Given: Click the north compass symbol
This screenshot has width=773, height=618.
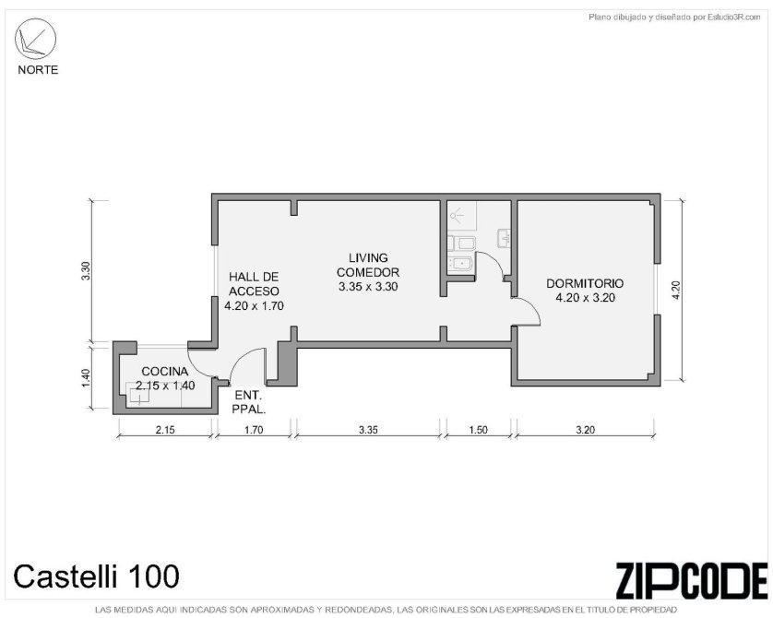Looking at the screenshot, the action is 35,40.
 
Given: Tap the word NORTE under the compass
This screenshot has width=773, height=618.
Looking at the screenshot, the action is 38,70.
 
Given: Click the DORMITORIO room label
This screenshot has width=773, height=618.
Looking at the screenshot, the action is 585,283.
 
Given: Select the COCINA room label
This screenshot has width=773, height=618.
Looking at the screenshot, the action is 165,372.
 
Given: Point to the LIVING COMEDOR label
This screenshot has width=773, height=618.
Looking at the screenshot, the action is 368,265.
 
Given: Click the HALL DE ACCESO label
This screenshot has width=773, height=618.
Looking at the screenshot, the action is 254,284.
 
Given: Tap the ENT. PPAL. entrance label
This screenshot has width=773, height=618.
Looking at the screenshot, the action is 249,402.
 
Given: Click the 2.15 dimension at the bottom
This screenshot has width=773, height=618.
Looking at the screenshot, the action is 165,430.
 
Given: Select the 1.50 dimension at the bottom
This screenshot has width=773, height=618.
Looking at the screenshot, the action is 478,430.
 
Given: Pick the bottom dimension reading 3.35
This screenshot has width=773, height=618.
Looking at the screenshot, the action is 368,430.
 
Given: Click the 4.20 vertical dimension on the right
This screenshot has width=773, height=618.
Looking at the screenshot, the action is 676,291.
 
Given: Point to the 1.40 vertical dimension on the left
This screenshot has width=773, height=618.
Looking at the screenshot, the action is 86,378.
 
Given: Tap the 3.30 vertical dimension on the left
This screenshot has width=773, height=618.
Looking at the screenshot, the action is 86,271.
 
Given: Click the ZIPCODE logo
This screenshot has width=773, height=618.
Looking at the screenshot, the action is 692,580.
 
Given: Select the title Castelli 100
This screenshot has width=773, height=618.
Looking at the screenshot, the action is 96,576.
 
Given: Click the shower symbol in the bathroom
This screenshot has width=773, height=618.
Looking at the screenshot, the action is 458,215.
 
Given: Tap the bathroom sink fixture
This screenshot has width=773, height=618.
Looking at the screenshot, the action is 504,238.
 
